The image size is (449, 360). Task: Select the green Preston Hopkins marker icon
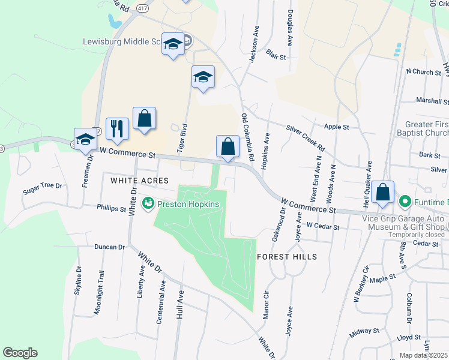coord(148,205)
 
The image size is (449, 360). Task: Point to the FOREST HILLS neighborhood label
coord(286,256)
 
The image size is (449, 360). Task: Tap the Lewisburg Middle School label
coord(121,43)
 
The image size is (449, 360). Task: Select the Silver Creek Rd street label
coord(305,137)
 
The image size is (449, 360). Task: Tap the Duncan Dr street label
coord(109,247)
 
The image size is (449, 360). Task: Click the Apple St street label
coord(336,127)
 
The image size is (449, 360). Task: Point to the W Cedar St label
coord(323,227)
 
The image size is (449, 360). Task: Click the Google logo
coord(20,353)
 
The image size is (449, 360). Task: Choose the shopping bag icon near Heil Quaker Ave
coord(382,192)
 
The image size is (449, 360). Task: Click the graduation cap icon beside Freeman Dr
coord(85,139)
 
